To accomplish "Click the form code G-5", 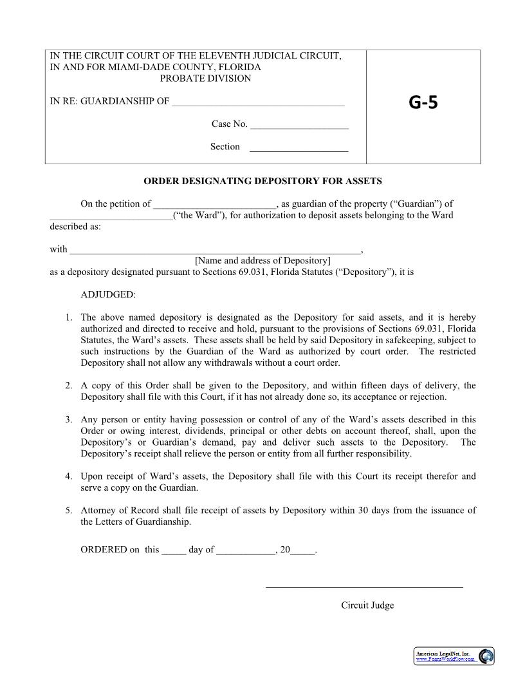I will pyautogui.click(x=423, y=102).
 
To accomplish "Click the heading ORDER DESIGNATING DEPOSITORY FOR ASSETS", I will pyautogui.click(x=262, y=182).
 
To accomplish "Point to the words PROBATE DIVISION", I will pyautogui.click(x=205, y=79).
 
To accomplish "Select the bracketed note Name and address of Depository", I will pyautogui.click(x=262, y=261).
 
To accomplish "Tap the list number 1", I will pyautogui.click(x=68, y=317).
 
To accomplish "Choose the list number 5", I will pyautogui.click(x=68, y=511).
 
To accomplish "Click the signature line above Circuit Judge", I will pyautogui.click(x=364, y=586).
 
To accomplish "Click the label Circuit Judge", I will pyautogui.click(x=367, y=605).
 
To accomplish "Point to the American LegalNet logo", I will pyautogui.click(x=454, y=656).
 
